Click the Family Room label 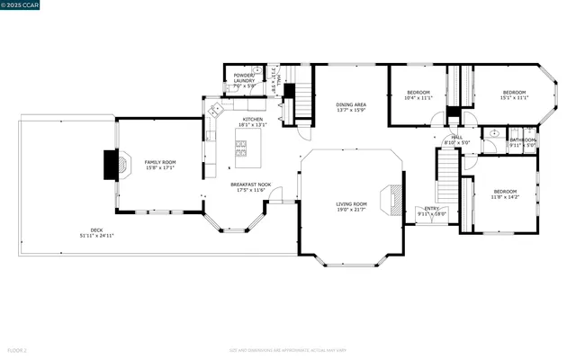(x=158, y=164)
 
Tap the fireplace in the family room (x=112, y=165)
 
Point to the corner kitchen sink (x=215, y=110)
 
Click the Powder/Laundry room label (x=244, y=78)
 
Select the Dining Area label (x=351, y=107)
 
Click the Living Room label (x=351, y=206)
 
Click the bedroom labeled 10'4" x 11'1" (x=418, y=94)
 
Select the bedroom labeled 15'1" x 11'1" (x=513, y=94)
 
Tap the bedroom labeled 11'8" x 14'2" (x=504, y=193)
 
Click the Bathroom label (x=522, y=141)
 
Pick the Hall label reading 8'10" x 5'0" (x=456, y=139)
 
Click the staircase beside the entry (x=447, y=175)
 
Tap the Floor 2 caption (x=17, y=349)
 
